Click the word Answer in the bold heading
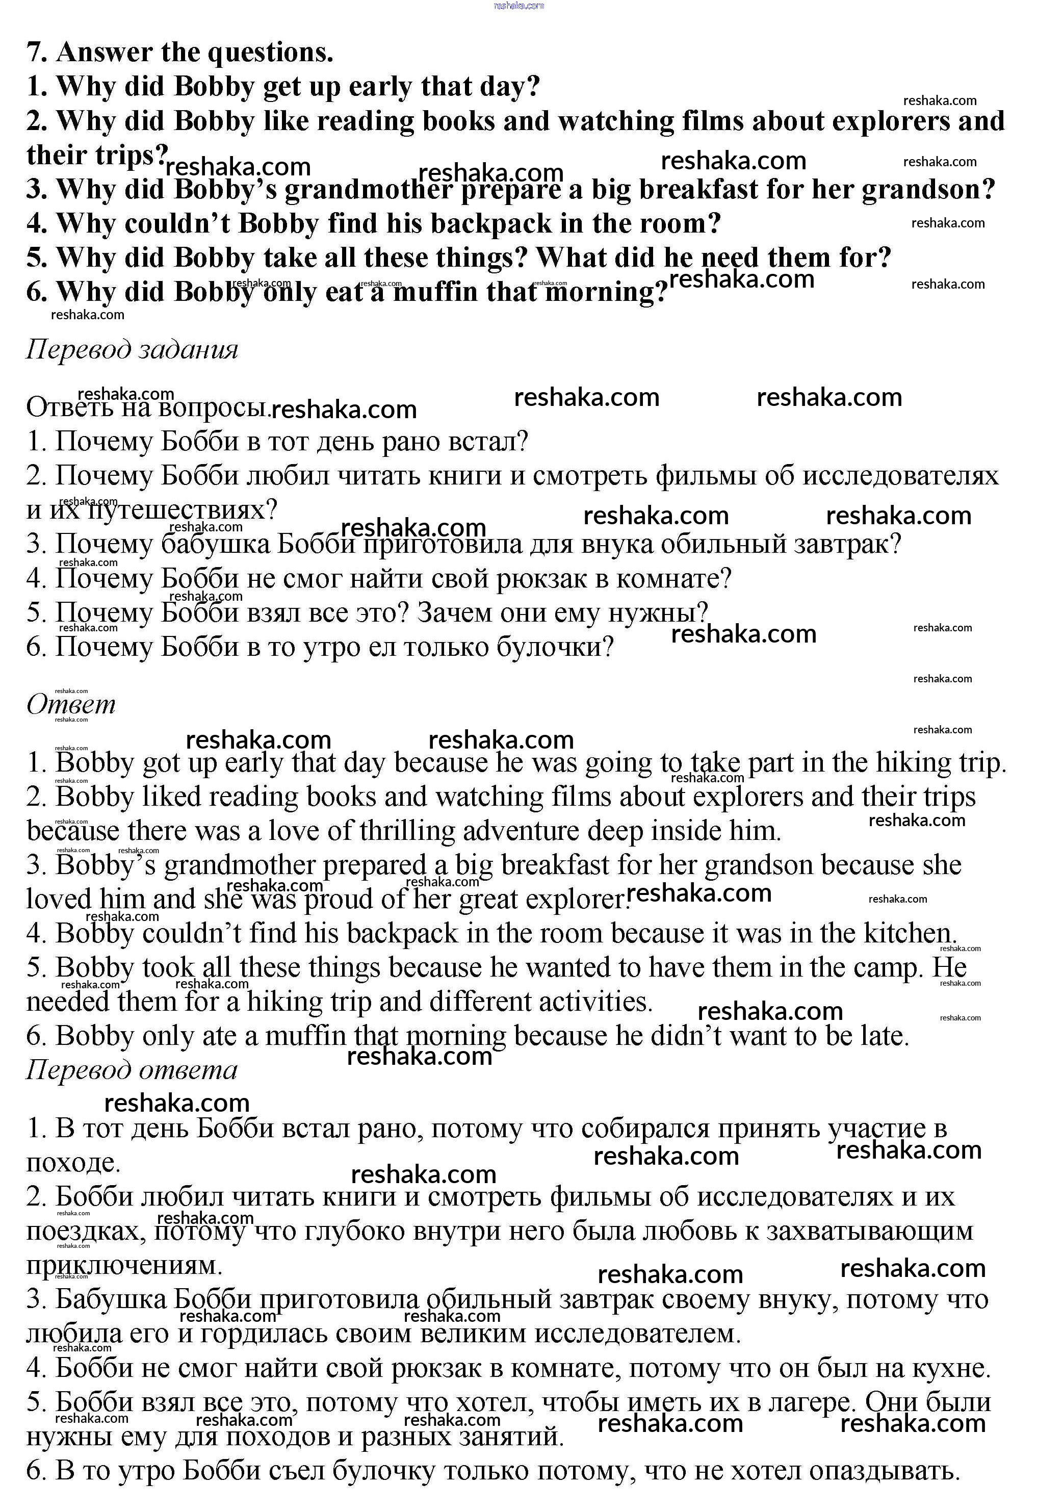pyautogui.click(x=103, y=53)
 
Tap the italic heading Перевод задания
pyautogui.click(x=132, y=349)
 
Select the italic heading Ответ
pyautogui.click(x=71, y=704)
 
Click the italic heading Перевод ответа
pyautogui.click(x=132, y=1069)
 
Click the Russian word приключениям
pyautogui.click(x=124, y=1265)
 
